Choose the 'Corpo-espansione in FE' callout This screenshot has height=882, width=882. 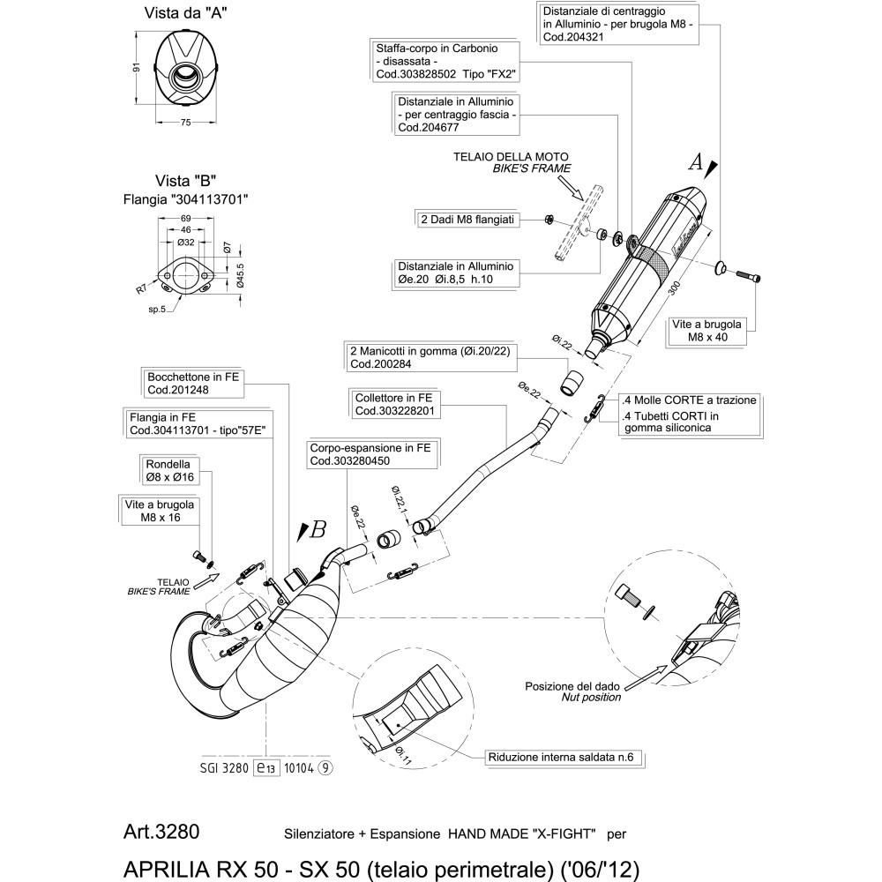point(370,453)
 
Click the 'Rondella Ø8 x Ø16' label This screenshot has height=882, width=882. point(171,470)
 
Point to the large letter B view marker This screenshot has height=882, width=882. point(317,529)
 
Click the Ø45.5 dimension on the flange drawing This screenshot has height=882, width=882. point(240,276)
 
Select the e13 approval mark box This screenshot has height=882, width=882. point(265,767)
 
